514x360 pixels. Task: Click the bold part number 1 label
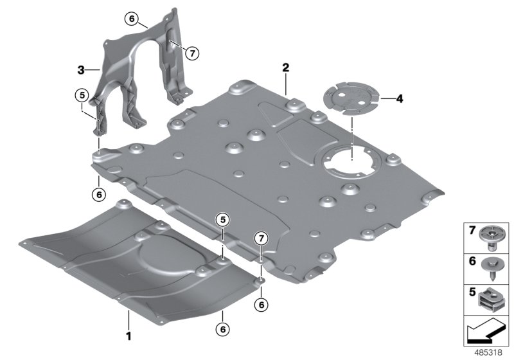(x=128, y=335)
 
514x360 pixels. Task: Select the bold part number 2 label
(x=285, y=67)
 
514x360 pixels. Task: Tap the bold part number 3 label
(x=80, y=69)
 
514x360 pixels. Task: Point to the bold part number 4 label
(x=400, y=99)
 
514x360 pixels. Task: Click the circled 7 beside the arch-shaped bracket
(x=191, y=53)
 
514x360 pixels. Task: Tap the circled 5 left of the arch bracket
(x=80, y=95)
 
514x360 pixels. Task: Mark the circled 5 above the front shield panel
(x=222, y=220)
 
